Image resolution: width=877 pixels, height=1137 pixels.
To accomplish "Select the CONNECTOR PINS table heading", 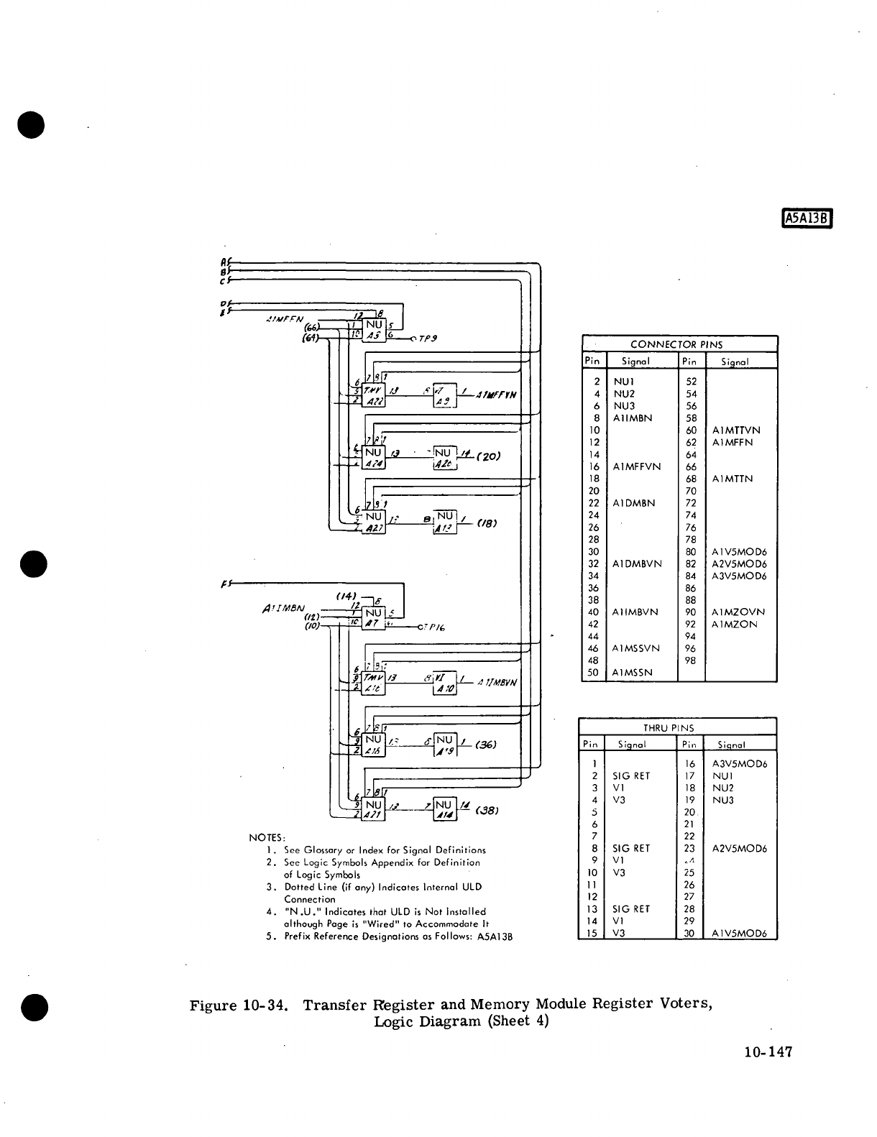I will click(676, 344).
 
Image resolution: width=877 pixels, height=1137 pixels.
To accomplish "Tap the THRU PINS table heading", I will click(669, 727).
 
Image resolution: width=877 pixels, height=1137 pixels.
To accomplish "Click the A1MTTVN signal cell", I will click(736, 431).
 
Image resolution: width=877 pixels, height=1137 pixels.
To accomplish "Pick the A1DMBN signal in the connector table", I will click(633, 503).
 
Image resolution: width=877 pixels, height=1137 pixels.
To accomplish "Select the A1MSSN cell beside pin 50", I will click(633, 673).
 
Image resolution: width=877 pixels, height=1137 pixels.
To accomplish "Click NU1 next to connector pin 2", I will click(623, 382).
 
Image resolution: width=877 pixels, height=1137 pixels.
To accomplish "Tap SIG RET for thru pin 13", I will click(631, 909).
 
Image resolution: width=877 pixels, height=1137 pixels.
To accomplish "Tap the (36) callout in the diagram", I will click(487, 745).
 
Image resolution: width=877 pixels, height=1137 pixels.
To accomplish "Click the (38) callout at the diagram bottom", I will click(487, 810).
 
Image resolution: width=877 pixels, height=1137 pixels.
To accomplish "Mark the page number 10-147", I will click(768, 1052).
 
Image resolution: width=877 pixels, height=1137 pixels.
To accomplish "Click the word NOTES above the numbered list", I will click(267, 837).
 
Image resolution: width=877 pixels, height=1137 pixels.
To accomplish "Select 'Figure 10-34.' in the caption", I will click(239, 1005).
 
